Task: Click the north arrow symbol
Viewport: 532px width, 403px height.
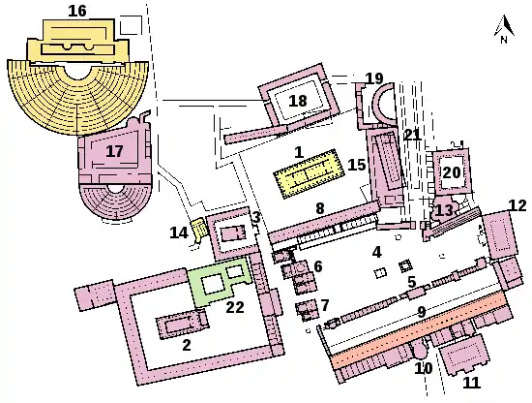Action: [x=504, y=29]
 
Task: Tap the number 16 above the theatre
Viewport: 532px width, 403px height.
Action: [x=77, y=11]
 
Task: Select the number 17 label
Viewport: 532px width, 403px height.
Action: [x=114, y=151]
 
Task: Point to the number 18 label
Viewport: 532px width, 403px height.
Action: [x=298, y=101]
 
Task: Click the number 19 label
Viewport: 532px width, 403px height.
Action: [x=374, y=78]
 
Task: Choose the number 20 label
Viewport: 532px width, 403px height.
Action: [x=452, y=172]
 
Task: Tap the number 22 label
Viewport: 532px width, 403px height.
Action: [x=235, y=307]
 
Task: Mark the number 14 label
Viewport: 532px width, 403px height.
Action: [x=179, y=232]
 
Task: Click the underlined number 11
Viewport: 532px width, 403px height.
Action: [x=472, y=383]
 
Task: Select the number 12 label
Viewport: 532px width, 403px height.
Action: [x=517, y=205]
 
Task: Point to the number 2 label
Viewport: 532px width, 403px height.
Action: [x=187, y=345]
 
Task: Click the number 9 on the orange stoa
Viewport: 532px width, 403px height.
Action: [x=422, y=312]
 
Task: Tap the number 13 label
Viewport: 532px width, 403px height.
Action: [x=444, y=210]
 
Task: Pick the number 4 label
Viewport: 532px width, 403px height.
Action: [x=376, y=252]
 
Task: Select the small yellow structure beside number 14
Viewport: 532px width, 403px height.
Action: [x=197, y=228]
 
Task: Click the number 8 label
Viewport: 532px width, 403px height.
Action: [x=320, y=208]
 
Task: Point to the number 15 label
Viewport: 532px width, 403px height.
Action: [x=357, y=165]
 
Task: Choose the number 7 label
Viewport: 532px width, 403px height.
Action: [x=325, y=305]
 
